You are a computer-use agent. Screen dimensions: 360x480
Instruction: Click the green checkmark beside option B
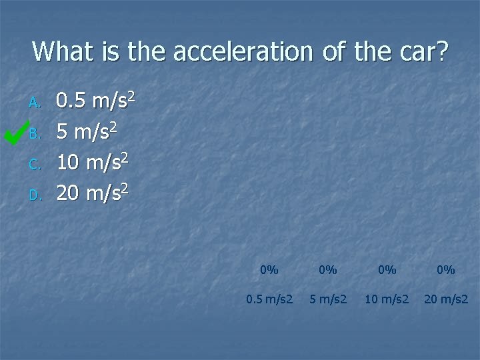click(x=15, y=131)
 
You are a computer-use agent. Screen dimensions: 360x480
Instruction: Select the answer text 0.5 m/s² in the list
click(x=96, y=101)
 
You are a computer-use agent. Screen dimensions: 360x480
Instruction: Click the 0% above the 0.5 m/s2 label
click(x=269, y=270)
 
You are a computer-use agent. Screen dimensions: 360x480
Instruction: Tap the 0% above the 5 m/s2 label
click(x=328, y=270)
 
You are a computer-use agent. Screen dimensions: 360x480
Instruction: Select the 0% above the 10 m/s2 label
click(x=387, y=270)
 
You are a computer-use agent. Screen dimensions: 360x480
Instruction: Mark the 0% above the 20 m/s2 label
click(x=445, y=270)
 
